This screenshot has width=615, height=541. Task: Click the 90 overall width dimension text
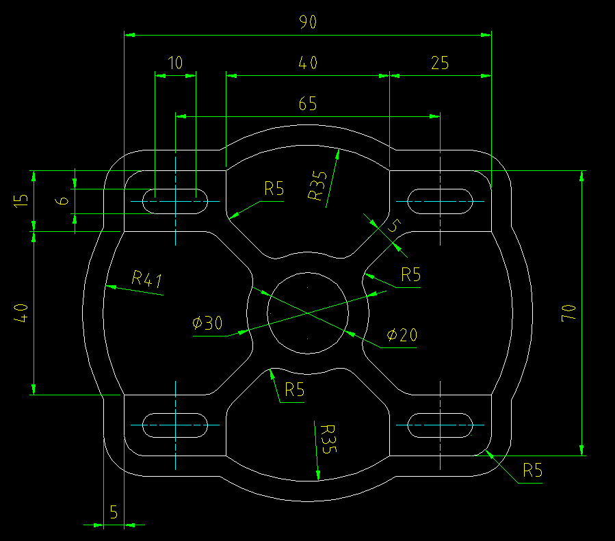point(308,23)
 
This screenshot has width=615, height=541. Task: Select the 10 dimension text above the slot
point(175,63)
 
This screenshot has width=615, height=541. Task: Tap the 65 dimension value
point(308,105)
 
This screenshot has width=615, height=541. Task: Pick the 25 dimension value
point(440,63)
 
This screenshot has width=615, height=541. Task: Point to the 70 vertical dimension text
point(568,313)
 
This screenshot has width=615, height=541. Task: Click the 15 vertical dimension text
point(22,200)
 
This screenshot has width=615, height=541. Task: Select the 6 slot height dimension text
point(62,201)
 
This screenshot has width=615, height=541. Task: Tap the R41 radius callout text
point(146,278)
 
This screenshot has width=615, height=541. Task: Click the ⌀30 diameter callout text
point(207,324)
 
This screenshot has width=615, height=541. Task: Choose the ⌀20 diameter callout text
point(402,335)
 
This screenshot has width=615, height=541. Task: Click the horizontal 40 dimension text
point(308,63)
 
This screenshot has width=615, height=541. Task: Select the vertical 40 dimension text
point(22,313)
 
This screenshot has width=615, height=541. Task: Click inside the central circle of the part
point(308,313)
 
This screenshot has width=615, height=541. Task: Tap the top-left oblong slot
point(175,202)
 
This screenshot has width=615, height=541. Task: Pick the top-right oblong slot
point(440,202)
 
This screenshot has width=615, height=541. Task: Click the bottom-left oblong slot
point(175,425)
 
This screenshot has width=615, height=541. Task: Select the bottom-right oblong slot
point(440,425)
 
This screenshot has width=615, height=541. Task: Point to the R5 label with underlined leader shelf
point(532,471)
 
